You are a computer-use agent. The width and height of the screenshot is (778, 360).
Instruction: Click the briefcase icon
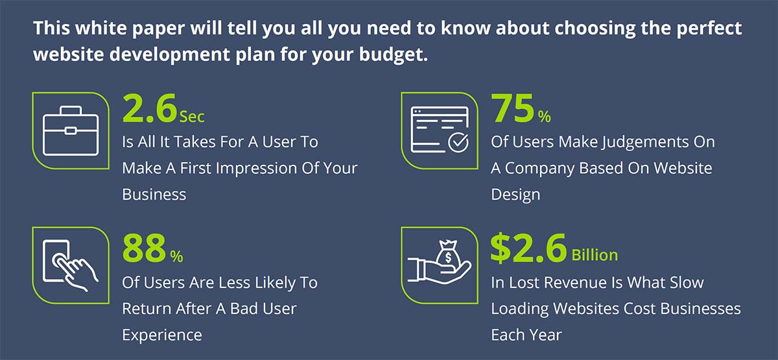click(71, 130)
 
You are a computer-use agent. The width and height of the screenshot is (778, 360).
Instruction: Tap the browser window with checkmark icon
click(440, 130)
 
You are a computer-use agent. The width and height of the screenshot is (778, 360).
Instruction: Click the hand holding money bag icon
click(440, 262)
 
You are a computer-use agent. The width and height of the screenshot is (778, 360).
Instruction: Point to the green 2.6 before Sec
click(150, 109)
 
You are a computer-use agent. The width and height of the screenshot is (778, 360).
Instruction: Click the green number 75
click(512, 108)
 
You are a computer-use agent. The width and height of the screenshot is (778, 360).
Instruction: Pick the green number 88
click(144, 248)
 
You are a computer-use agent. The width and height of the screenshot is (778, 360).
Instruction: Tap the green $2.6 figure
click(528, 248)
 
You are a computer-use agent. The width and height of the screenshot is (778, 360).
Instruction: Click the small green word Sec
click(192, 116)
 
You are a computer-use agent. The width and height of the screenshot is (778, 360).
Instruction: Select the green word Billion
click(595, 256)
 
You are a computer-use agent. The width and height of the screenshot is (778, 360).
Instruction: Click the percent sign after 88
click(176, 256)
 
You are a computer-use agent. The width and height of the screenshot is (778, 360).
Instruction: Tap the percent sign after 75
click(544, 116)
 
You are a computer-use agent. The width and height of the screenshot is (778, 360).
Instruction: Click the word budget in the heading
click(393, 55)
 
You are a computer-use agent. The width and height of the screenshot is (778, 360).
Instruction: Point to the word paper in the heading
click(158, 29)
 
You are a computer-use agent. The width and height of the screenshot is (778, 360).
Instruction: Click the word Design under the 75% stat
click(515, 195)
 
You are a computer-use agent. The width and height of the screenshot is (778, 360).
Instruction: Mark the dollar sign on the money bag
click(448, 258)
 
